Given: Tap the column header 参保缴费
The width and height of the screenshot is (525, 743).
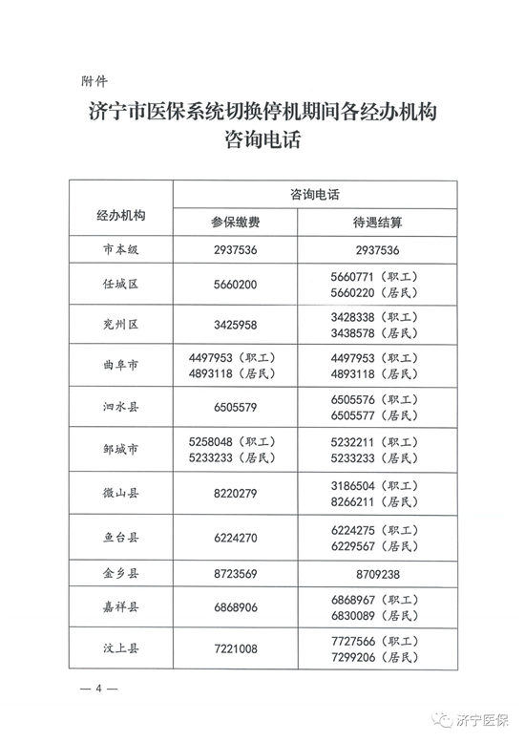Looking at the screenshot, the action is click(235, 222).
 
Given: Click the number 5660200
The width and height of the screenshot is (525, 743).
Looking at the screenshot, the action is click(235, 285).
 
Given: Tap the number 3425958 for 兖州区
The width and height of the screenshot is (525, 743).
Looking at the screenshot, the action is click(235, 325).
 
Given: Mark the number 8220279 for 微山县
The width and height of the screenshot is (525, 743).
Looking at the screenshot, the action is click(235, 493).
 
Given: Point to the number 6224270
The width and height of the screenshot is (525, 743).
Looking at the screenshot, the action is click(235, 538).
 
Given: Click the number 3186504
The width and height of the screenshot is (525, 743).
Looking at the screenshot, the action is click(351, 484).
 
